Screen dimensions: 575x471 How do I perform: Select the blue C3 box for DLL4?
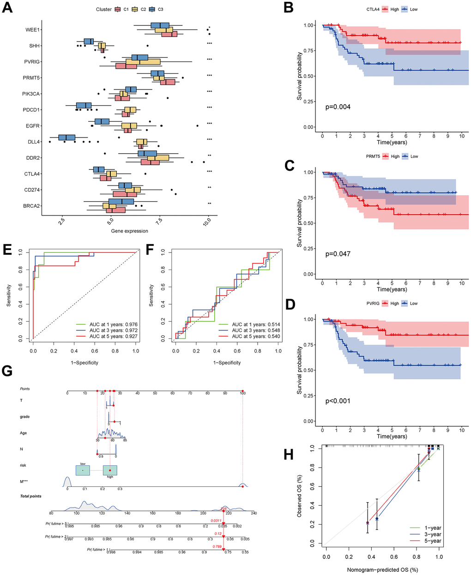coord(67,138)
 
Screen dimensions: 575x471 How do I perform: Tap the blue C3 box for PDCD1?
coord(84,106)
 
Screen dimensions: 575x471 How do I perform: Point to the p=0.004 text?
coord(338,107)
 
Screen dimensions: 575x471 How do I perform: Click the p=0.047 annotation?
coord(338,254)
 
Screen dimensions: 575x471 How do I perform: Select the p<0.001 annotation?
coord(338,401)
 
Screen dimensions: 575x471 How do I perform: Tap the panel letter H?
coord(289,455)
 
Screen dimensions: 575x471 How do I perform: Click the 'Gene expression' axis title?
coord(130,231)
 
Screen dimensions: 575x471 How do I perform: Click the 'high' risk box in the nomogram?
coord(110,470)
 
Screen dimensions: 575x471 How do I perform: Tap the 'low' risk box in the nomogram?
coord(83,470)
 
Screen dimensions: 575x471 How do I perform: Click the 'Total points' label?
coord(30,496)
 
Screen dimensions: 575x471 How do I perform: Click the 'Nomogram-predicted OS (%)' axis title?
coord(383,569)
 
